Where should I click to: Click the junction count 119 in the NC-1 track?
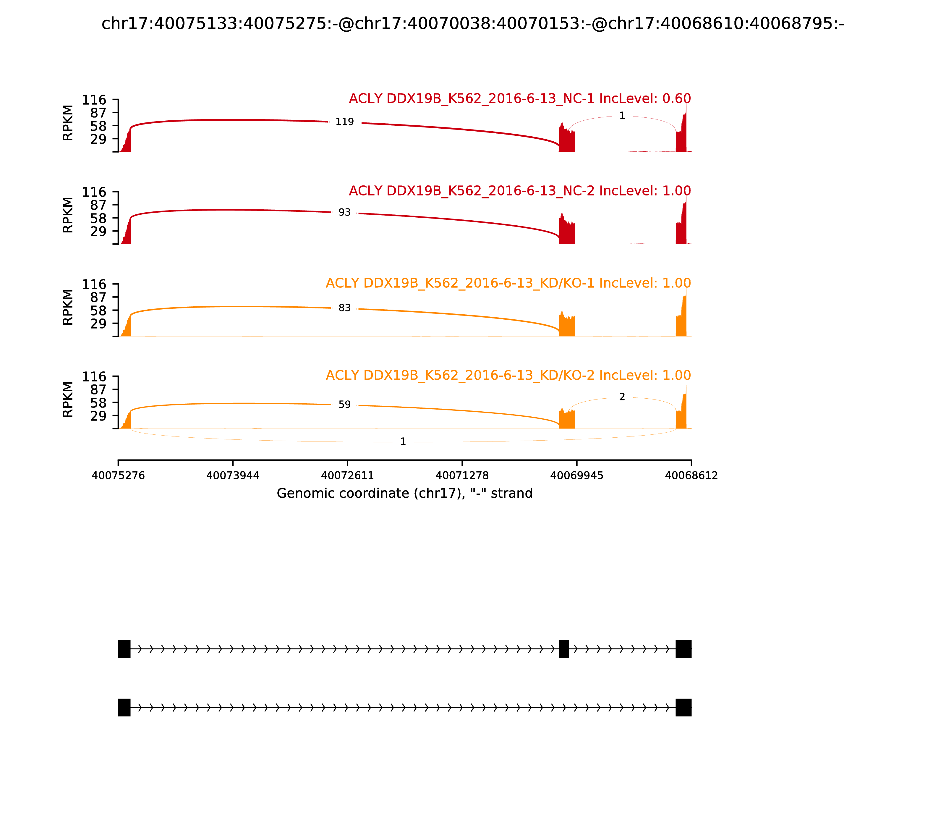pyautogui.click(x=345, y=122)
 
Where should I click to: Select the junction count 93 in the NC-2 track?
pyautogui.click(x=345, y=213)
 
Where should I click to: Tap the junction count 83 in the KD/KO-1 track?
pyautogui.click(x=345, y=308)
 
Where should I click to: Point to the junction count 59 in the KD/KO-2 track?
pyautogui.click(x=345, y=405)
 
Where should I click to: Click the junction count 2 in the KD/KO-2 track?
pyautogui.click(x=622, y=397)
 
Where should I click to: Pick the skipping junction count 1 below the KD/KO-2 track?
pyautogui.click(x=403, y=442)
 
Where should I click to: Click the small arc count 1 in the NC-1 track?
pyautogui.click(x=622, y=116)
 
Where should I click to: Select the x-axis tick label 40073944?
pyautogui.click(x=233, y=476)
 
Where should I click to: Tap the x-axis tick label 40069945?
pyautogui.click(x=576, y=476)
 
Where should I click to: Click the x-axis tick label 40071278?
pyautogui.click(x=462, y=476)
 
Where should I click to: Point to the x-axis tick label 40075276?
pyautogui.click(x=118, y=476)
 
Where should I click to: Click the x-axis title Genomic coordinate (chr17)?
pyautogui.click(x=405, y=494)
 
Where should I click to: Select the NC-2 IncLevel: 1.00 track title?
pyautogui.click(x=520, y=191)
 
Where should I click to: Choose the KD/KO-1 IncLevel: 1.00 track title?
pyautogui.click(x=508, y=283)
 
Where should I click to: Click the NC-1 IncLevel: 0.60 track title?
pyautogui.click(x=520, y=99)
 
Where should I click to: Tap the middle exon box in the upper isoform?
pyautogui.click(x=563, y=649)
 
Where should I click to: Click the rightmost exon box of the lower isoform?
pyautogui.click(x=683, y=707)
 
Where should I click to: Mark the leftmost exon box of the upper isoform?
pyautogui.click(x=124, y=649)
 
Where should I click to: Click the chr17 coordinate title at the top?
pyautogui.click(x=472, y=24)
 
